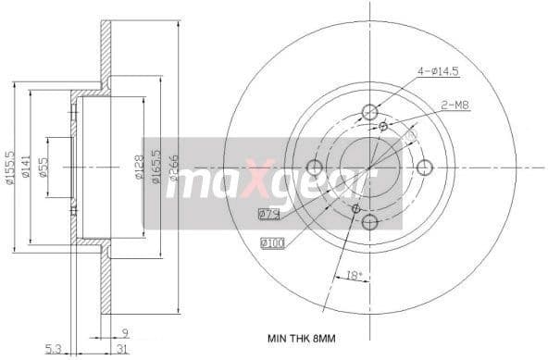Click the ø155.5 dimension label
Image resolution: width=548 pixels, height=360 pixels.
tap(10, 167)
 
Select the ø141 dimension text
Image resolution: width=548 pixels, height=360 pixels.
tap(27, 167)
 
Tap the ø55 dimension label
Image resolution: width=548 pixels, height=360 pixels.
tap(44, 168)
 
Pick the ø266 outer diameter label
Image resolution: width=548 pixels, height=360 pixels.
tap(172, 168)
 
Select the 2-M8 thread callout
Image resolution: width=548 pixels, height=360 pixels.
tap(455, 106)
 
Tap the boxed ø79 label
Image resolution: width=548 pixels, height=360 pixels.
tap(269, 215)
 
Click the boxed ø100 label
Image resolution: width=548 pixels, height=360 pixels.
tap(271, 243)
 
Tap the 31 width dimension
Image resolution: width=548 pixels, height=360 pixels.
tap(123, 349)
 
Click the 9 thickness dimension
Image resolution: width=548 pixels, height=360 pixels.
tap(125, 331)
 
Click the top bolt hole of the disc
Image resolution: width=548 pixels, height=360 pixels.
tap(369, 112)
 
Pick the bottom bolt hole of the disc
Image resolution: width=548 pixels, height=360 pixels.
tap(369, 222)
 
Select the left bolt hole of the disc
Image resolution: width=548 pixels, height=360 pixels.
tap(314, 168)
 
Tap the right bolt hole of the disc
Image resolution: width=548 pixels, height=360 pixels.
tap(425, 168)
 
